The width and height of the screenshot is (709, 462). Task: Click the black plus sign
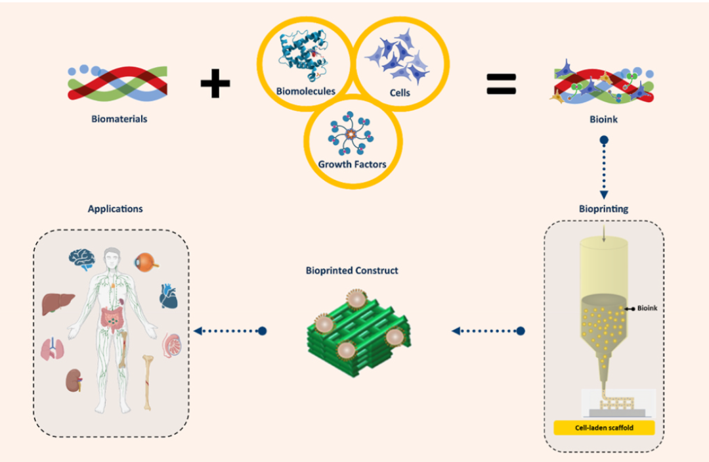point(215,83)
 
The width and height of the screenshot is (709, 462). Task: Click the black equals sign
point(501,84)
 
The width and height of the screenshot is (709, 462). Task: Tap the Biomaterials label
point(119,119)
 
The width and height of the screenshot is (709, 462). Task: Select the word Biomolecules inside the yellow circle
point(306,91)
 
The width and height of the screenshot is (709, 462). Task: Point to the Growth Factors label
point(353,164)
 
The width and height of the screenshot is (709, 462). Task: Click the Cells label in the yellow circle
point(400,93)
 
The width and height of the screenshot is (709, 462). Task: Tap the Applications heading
point(116,208)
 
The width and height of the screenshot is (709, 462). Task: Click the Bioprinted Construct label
point(352,271)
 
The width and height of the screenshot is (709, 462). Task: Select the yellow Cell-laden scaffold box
point(604,428)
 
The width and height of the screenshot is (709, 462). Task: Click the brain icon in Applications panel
point(82,260)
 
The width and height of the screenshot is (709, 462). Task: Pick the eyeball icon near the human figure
point(146,263)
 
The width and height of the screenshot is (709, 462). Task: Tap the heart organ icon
point(168,296)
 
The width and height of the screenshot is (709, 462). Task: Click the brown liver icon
point(58,304)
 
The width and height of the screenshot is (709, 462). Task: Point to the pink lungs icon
point(53,349)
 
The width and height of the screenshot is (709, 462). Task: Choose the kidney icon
point(74,381)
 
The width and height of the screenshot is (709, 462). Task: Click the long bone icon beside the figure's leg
point(148,383)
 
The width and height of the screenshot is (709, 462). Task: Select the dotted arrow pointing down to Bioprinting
point(604,168)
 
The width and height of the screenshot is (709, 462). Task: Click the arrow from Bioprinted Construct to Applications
point(230,331)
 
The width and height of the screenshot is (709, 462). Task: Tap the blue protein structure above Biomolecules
point(303,55)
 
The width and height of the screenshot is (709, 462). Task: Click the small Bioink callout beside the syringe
point(641,308)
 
